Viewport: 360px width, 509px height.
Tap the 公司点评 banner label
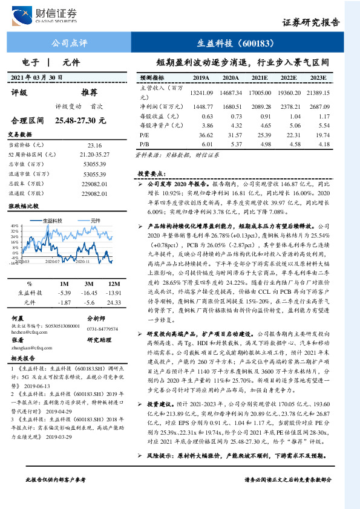point(70,44)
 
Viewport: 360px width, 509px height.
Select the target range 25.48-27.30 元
point(80,121)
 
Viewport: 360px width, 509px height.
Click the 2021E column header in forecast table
point(261,79)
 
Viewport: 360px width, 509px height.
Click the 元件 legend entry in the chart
point(94,221)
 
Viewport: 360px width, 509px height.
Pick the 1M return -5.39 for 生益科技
point(64,293)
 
